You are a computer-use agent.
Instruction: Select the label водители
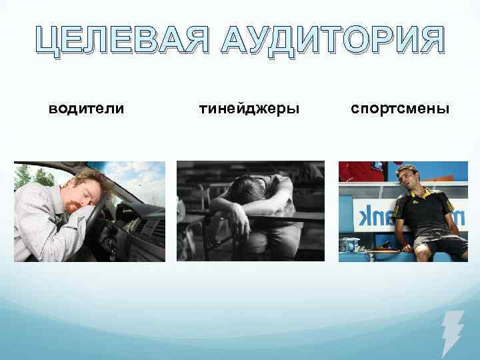pyautogui.click(x=87, y=108)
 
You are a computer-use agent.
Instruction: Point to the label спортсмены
pyautogui.click(x=401, y=108)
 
